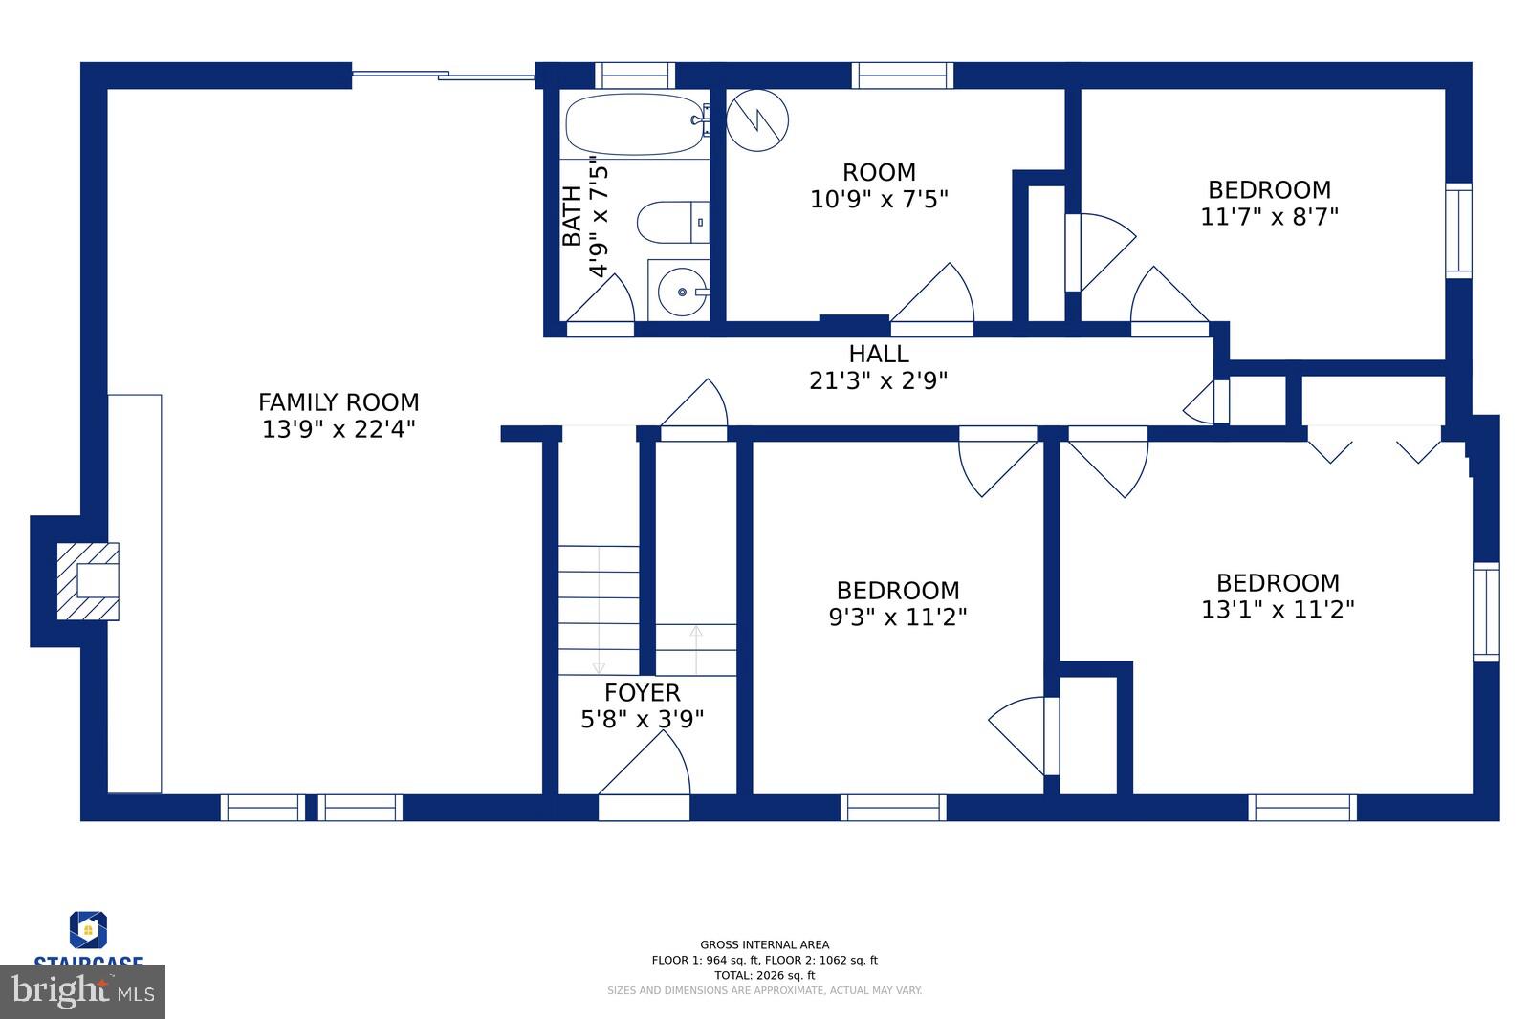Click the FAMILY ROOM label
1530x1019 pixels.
pos(339,402)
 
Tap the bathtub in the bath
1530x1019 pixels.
pos(635,124)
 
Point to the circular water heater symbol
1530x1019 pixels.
pos(757,120)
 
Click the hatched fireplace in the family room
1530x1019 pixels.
pos(88,581)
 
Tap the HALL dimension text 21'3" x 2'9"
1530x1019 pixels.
pos(878,381)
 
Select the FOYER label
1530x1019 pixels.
pos(643,693)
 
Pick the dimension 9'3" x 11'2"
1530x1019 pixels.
pos(897,618)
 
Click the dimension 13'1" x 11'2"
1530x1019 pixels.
pos(1278,610)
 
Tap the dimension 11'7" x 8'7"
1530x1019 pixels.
pos(1269,217)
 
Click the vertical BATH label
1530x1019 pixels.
pos(572,216)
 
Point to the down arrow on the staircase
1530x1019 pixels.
pos(599,665)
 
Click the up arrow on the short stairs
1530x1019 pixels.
pos(696,633)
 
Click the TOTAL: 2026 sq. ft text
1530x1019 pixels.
pos(764,975)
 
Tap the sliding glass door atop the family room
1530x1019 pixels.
pos(443,76)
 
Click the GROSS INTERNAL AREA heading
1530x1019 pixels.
pos(764,944)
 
